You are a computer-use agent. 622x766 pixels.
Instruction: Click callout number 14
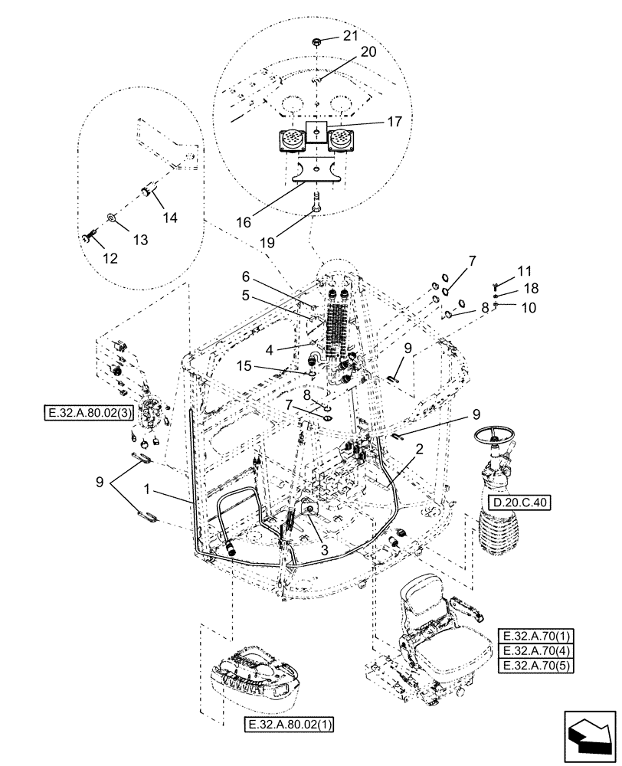169,218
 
